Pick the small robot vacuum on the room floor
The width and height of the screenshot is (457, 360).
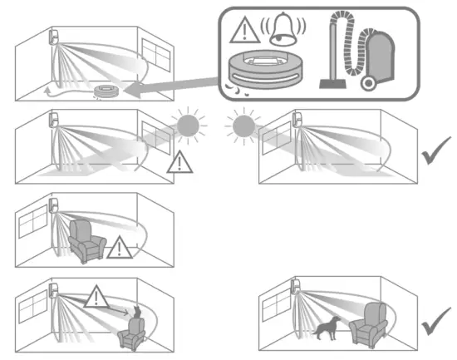tap(106, 91)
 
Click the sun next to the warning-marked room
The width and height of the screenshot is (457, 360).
tap(188, 127)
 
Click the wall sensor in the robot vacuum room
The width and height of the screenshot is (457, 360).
tap(54, 38)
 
